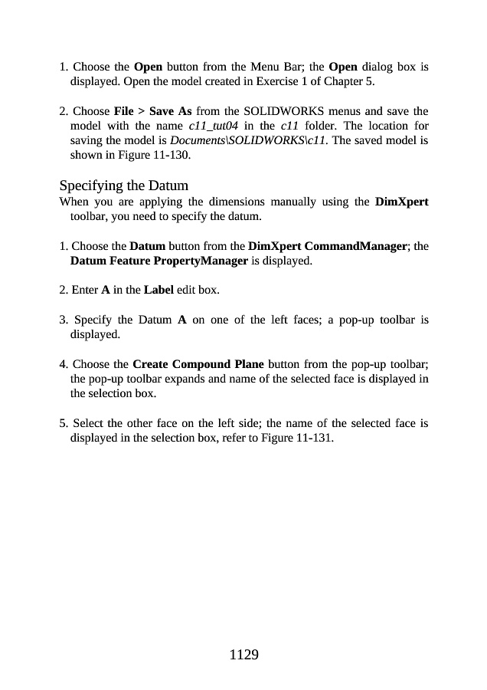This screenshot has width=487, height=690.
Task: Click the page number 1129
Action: click(243, 654)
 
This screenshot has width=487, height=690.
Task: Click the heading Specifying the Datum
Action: click(123, 186)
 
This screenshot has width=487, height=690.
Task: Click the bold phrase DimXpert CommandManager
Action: click(328, 247)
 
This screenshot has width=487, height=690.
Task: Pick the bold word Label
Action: click(159, 290)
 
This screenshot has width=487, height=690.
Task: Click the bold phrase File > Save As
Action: click(152, 113)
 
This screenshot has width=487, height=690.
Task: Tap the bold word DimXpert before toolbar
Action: click(402, 203)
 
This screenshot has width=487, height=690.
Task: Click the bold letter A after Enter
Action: click(105, 290)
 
